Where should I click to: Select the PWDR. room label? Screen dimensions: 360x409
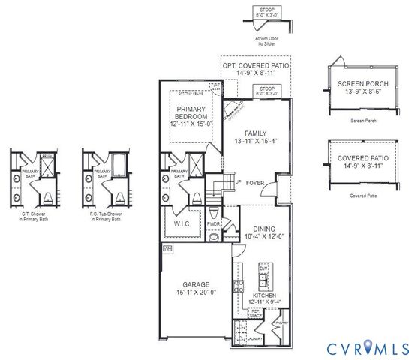[213, 223]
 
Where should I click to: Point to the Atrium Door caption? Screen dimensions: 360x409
[266, 42]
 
